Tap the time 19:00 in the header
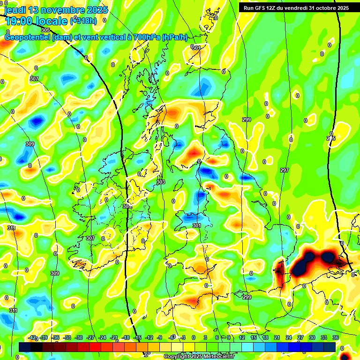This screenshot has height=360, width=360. pyautogui.click(x=19, y=21)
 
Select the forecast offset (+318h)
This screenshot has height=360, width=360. pyautogui.click(x=84, y=21)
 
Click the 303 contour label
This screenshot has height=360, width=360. pyautogui.click(x=161, y=182)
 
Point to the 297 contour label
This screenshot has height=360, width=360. pyautogui.click(x=284, y=170)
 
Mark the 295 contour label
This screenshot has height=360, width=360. pyautogui.click(x=331, y=139)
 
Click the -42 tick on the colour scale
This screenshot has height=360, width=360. pyautogui.click(x=32, y=337)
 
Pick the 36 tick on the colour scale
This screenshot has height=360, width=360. pyautogui.click(x=336, y=337)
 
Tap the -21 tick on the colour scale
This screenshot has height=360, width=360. pyautogui.click(x=114, y=337)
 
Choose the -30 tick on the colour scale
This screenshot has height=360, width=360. pyautogui.click(x=79, y=337)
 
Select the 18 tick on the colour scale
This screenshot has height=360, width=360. pyautogui.click(x=265, y=337)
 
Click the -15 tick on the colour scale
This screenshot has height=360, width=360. pyautogui.click(x=137, y=337)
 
